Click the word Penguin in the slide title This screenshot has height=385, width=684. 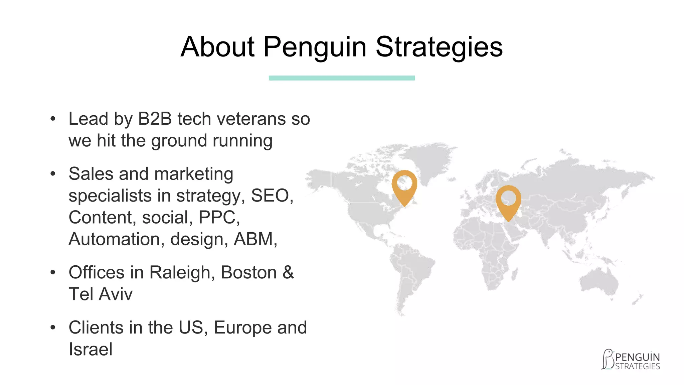point(315,47)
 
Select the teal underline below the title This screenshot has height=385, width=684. point(342,78)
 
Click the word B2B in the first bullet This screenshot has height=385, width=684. point(155,119)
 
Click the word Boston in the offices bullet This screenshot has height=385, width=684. point(248,272)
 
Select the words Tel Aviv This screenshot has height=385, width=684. point(101,294)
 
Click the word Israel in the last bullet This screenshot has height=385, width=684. point(91,349)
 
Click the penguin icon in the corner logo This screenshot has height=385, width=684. point(608,360)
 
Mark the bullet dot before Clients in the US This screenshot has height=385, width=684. point(52,328)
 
